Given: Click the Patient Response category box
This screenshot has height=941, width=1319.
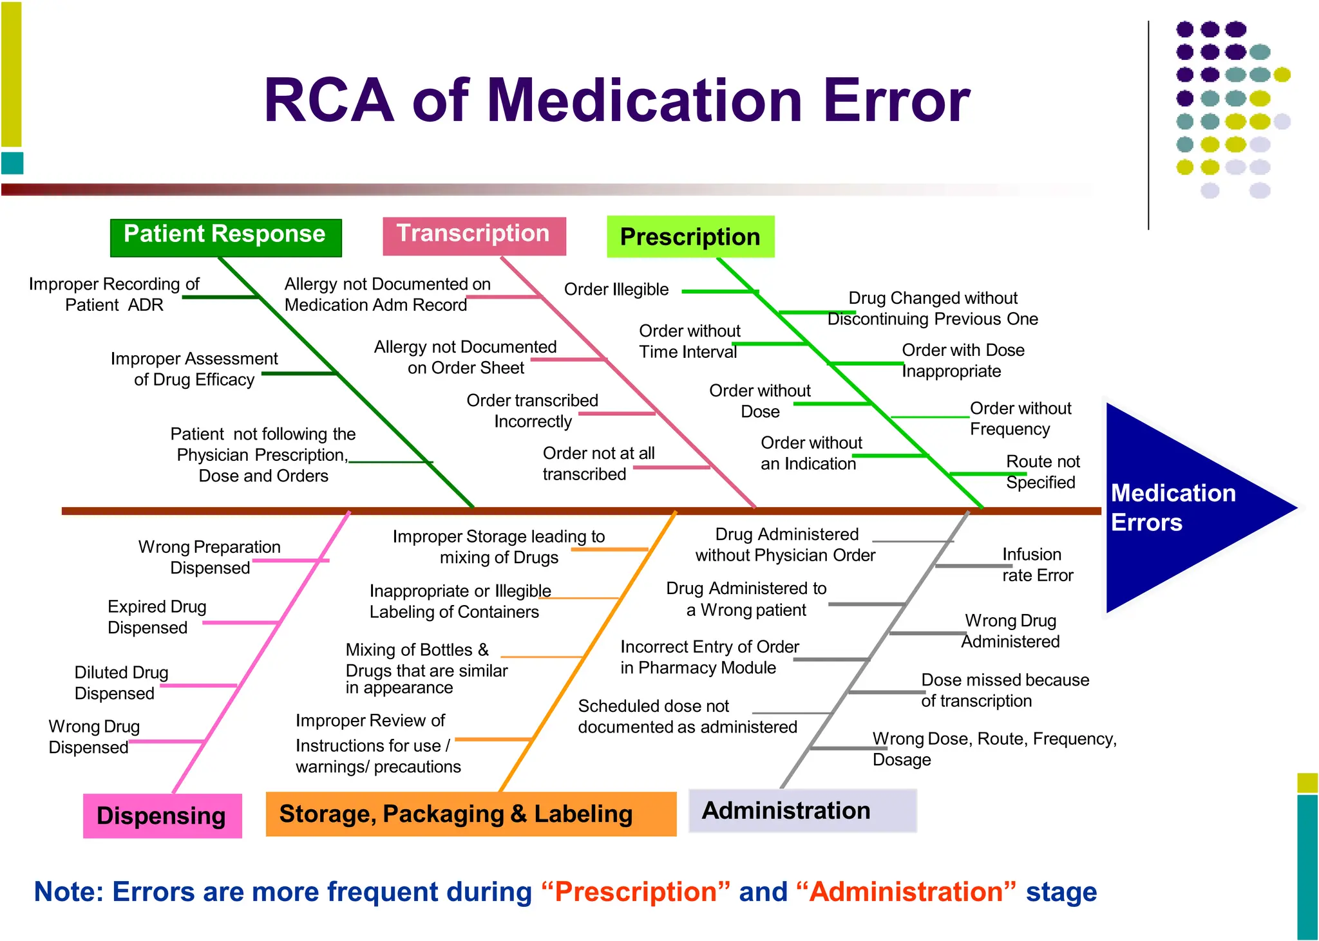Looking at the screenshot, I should (225, 238).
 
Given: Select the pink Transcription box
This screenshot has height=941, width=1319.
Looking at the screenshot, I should (474, 236).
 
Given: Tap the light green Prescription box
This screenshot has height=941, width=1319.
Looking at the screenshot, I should (690, 237).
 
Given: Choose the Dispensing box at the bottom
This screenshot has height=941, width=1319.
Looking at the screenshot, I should (162, 815).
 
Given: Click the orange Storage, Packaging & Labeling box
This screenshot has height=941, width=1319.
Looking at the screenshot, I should (471, 814).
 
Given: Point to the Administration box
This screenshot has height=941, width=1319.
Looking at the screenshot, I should (802, 810).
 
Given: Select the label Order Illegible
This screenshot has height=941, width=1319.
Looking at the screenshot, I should (616, 290).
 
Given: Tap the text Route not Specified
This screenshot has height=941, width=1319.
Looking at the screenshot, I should (1042, 472).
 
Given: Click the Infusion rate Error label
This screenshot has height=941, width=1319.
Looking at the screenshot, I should (1037, 564).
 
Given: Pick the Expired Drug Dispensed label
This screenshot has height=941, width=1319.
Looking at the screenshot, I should (157, 617).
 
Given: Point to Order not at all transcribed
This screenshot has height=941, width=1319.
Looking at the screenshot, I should (598, 463).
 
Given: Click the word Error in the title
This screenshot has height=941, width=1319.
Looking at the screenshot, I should (896, 100).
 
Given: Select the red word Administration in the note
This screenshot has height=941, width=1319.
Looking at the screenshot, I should (906, 892).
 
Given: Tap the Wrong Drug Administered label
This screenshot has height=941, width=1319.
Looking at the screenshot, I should (1011, 631).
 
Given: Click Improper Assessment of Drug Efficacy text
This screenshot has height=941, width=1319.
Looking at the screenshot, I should (194, 369).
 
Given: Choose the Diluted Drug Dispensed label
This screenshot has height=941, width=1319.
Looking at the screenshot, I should (120, 683).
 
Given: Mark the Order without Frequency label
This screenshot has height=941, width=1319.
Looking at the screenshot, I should (1020, 418).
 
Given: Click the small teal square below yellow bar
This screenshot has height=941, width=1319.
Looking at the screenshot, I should (12, 163).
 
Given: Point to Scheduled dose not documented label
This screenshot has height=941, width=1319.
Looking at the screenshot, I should (687, 716).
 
